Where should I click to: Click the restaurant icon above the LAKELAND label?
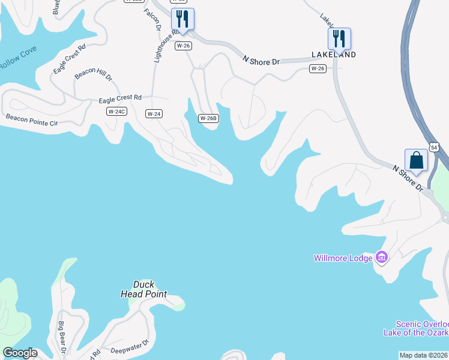click(x=339, y=38)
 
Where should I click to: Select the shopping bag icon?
click(x=416, y=160)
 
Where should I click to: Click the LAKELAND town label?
click(x=334, y=55)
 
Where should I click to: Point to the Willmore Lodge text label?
click(x=343, y=258)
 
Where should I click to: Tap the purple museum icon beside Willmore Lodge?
click(x=381, y=257)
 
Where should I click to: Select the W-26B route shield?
click(x=208, y=118)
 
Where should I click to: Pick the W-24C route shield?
click(x=116, y=112)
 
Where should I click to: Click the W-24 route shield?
click(x=154, y=113)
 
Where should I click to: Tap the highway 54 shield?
click(x=436, y=146)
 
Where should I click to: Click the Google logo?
click(x=19, y=353)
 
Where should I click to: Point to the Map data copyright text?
click(x=423, y=355)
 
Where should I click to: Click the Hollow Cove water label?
click(x=17, y=61)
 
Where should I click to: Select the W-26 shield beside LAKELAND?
click(x=318, y=68)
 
